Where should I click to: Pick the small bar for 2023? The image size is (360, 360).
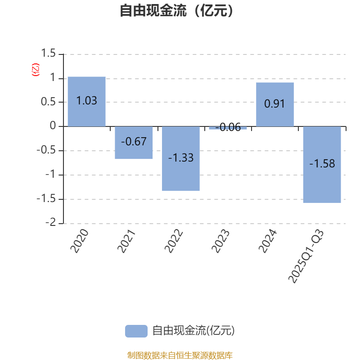[x=228, y=128]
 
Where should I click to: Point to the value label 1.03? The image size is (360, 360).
[x=86, y=101]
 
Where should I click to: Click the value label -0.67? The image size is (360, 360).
[x=134, y=141]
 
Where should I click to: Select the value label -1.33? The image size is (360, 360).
[x=181, y=158]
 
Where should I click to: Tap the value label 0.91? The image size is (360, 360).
[x=275, y=103]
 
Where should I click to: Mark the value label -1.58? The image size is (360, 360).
[x=322, y=164]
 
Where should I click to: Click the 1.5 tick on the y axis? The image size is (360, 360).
[x=48, y=54]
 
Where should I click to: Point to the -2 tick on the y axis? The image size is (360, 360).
[x=52, y=223]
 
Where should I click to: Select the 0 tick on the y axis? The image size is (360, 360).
[x=54, y=126]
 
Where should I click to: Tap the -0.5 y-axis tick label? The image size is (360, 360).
[x=46, y=151]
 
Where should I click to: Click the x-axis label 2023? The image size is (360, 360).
[x=221, y=241]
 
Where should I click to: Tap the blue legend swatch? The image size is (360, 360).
[x=136, y=331]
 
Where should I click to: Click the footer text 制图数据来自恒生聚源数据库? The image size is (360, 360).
[x=180, y=355]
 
